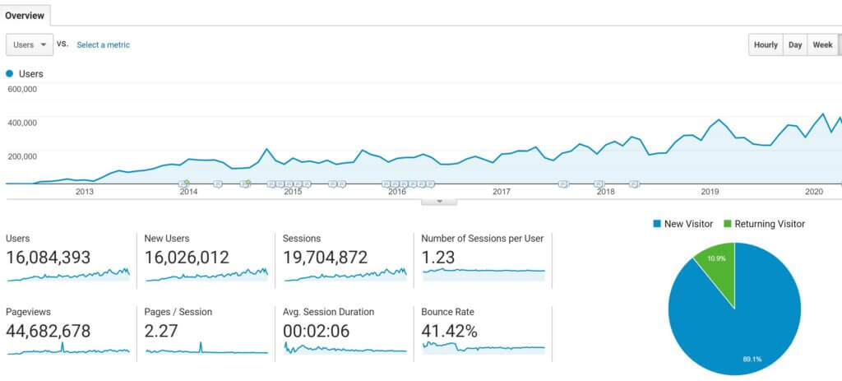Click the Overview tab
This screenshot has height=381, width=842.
(x=25, y=15)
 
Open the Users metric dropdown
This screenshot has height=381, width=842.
(x=30, y=44)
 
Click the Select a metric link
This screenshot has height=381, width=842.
(x=103, y=45)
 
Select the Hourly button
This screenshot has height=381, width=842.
(x=765, y=45)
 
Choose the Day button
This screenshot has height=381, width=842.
(x=795, y=45)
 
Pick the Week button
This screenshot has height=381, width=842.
(x=822, y=45)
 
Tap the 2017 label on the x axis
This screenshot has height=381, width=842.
(x=502, y=192)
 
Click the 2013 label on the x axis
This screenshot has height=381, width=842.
(x=84, y=192)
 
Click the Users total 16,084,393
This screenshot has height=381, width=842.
(x=49, y=258)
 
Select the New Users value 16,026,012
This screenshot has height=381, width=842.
(x=187, y=258)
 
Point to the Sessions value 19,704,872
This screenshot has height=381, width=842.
(x=325, y=258)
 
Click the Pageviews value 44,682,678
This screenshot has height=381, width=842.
(x=49, y=331)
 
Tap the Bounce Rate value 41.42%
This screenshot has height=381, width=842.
(x=449, y=331)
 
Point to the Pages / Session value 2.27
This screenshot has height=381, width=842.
(x=162, y=331)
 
